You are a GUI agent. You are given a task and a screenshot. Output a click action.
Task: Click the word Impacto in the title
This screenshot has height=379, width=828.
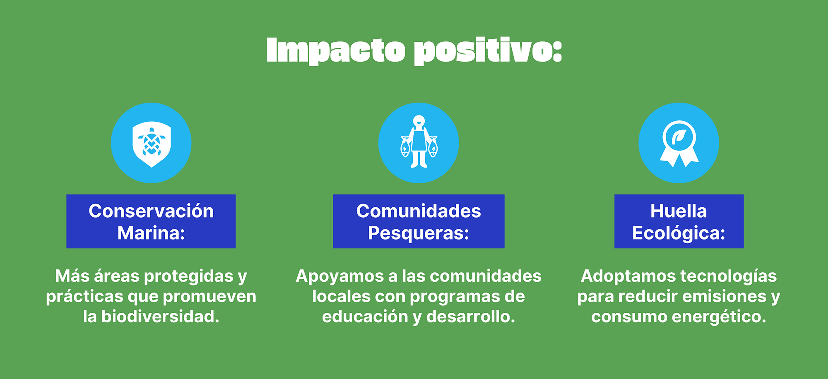pos(335,51)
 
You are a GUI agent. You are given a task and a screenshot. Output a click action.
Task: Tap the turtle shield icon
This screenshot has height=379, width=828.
pos(151,144)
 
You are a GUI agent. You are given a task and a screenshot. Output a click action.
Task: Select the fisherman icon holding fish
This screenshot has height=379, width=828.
pos(419,142)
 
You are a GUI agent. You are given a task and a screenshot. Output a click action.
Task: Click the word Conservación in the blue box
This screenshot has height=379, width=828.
pos(151,211)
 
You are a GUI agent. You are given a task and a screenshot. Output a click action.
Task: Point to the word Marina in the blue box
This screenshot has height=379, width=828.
pos(148,233)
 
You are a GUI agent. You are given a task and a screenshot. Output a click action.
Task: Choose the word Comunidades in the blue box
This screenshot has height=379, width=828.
pos(419,211)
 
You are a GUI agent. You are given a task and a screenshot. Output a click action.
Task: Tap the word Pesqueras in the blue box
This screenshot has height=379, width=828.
pos(415,233)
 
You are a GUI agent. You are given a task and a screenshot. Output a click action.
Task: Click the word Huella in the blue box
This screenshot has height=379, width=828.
pos(679,211)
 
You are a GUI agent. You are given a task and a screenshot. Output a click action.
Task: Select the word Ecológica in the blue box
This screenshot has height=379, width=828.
pos(676,233)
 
